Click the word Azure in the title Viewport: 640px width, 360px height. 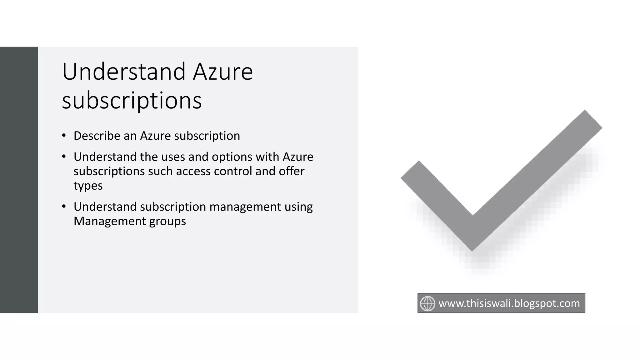(222, 72)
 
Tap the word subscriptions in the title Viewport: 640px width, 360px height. (132, 101)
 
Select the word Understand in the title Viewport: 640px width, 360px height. (124, 72)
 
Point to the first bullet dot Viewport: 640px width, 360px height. (64, 136)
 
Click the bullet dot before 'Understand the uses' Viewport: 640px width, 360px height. (64, 157)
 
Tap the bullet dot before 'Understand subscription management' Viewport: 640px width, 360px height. (64, 207)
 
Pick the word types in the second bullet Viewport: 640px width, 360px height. (88, 186)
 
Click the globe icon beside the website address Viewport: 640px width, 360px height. (427, 303)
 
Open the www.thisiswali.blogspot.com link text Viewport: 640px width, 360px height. (509, 303)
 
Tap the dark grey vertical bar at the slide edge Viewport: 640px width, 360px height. (19, 180)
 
